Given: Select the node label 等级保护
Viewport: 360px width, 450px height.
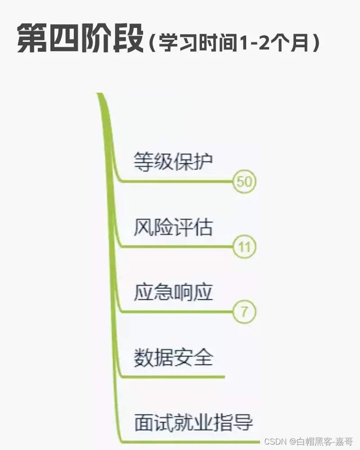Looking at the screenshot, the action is pyautogui.click(x=173, y=161).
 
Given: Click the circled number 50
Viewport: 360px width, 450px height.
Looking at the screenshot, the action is pyautogui.click(x=244, y=182).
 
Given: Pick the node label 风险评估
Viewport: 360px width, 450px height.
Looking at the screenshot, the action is pyautogui.click(x=173, y=227).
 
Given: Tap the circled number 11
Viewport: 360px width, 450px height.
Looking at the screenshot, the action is pyautogui.click(x=244, y=247).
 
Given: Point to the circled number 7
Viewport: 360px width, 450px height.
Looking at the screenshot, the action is pyautogui.click(x=244, y=311).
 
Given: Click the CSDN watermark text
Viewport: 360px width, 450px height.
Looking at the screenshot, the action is pyautogui.click(x=309, y=441).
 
